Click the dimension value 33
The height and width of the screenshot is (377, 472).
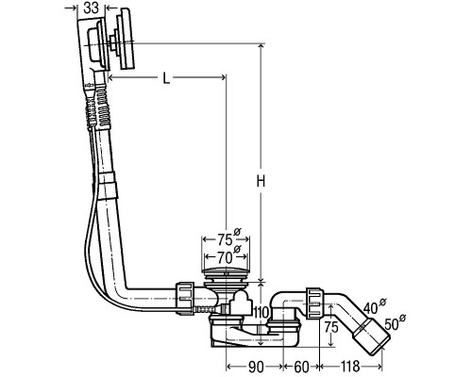92,8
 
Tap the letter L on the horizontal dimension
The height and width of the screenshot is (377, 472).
166,78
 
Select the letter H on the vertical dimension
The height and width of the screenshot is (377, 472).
261,181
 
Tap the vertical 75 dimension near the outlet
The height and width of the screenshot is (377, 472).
331,327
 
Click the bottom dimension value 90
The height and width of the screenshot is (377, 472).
256,367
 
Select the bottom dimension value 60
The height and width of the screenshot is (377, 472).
301,367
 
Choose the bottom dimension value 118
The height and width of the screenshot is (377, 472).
349,367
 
